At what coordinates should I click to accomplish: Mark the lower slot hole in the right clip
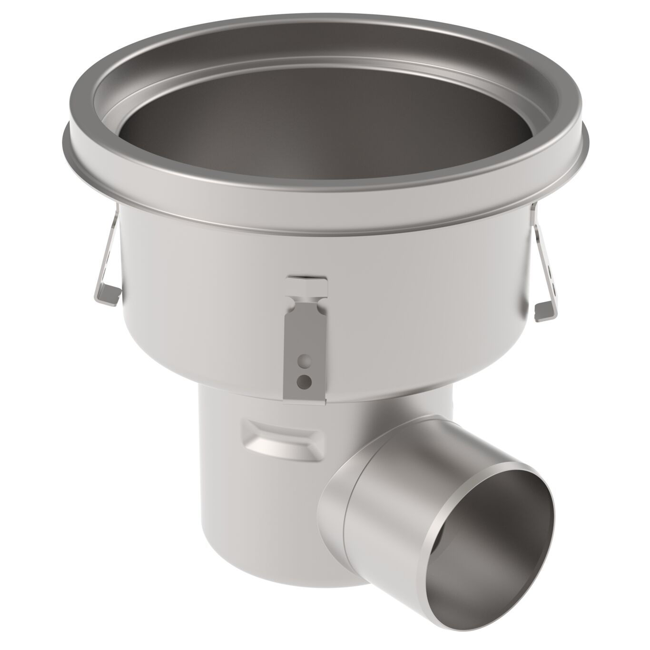[552, 287]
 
